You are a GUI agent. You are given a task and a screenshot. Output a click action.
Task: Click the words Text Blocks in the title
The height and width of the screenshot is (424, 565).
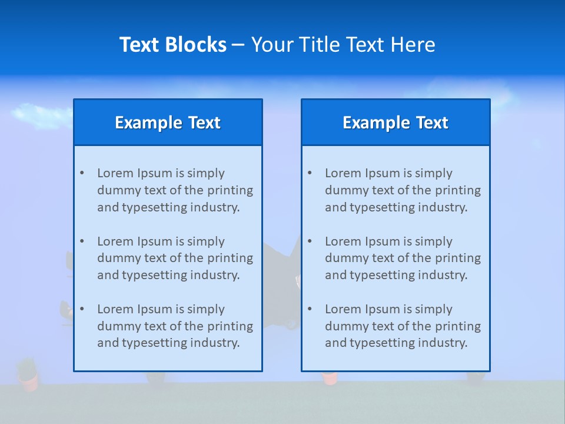(x=172, y=45)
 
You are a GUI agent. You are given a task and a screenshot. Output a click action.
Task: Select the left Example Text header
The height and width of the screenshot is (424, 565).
(x=168, y=122)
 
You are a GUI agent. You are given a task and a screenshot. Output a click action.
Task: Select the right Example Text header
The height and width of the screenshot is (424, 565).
(x=395, y=122)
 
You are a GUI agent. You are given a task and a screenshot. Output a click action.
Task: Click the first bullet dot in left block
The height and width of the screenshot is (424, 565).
(x=82, y=173)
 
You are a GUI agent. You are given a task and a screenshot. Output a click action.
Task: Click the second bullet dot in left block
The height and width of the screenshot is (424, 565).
(x=82, y=241)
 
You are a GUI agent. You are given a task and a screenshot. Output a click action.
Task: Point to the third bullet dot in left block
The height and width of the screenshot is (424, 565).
(x=82, y=309)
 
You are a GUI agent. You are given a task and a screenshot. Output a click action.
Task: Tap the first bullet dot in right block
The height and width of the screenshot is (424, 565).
(x=310, y=173)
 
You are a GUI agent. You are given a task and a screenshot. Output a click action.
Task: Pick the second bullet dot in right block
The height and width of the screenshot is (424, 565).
(x=310, y=241)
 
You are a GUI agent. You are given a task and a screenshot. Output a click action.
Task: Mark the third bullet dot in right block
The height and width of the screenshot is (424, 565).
(x=310, y=309)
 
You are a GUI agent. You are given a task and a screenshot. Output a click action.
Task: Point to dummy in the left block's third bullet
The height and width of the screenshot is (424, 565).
(x=117, y=326)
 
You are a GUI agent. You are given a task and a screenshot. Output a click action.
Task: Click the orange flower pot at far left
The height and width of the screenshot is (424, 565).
(x=28, y=382)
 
